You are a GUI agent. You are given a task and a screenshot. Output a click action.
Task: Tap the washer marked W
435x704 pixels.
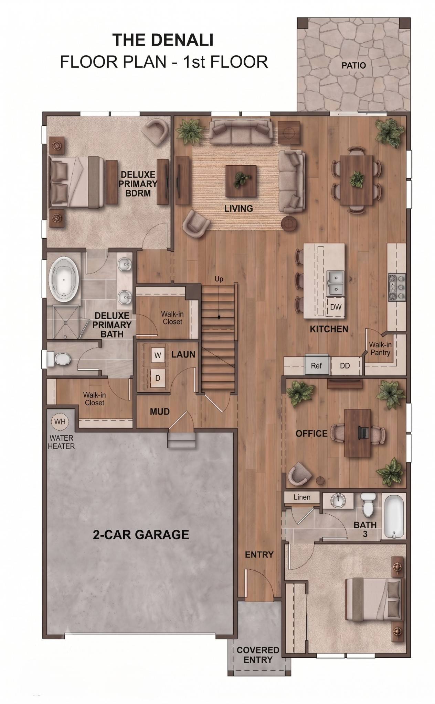coord(157,355)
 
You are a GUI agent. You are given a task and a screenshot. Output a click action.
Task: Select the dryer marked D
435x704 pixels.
coord(157,378)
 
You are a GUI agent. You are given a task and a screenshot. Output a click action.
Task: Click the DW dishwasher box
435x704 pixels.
coord(335,307)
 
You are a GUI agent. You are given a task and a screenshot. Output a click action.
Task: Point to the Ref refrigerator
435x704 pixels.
coord(316,365)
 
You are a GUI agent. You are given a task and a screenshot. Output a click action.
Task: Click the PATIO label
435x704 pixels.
coord(353,65)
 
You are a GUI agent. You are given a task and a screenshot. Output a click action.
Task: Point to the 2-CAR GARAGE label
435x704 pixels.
coord(141,535)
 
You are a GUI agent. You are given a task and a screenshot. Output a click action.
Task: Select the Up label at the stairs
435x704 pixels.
coord(219,279)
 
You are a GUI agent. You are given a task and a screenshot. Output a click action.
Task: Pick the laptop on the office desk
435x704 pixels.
coord(363,433)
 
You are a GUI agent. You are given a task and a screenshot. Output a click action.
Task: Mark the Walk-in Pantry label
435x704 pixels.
coord(380,349)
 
